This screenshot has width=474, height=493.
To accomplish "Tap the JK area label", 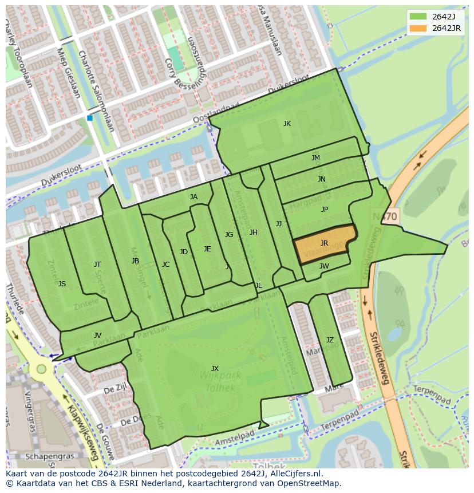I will click(287, 123).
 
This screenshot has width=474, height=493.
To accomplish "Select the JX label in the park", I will click(215, 368).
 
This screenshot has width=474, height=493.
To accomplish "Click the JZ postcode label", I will click(330, 340).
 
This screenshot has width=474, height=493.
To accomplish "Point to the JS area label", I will click(62, 283).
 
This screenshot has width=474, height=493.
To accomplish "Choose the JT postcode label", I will click(97, 264).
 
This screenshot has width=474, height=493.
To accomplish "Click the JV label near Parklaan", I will click(97, 336).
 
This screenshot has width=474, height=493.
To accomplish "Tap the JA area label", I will click(193, 197).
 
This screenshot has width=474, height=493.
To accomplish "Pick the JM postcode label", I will click(315, 158).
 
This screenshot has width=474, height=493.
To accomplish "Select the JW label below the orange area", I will click(324, 266).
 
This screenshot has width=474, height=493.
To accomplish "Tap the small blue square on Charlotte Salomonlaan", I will click(90, 118).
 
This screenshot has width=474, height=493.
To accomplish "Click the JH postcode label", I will click(253, 232).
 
